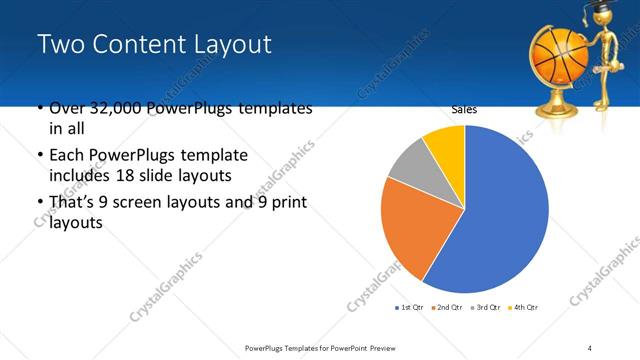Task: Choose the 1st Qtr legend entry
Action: (411, 306)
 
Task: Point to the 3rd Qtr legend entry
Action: (487, 306)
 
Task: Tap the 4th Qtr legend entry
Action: (525, 306)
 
